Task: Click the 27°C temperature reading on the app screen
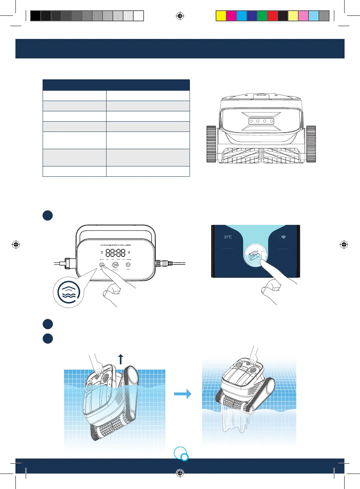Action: (228, 237)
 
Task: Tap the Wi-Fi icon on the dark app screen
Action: (283, 237)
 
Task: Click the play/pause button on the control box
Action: (115, 265)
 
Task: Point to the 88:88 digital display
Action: (115, 253)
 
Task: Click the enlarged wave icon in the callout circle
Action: (69, 292)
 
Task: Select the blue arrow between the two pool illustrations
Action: (183, 394)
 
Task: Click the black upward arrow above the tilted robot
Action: (120, 359)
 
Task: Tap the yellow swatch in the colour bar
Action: (221, 16)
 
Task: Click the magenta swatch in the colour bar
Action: (231, 16)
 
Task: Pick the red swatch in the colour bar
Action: (272, 16)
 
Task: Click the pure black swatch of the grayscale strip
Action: (36, 16)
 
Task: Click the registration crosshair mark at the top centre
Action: (180, 16)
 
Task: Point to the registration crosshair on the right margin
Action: (344, 244)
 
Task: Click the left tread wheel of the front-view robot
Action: (211, 144)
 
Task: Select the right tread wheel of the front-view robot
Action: (311, 144)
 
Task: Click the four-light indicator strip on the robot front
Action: (261, 121)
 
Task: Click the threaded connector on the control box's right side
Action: (163, 263)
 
